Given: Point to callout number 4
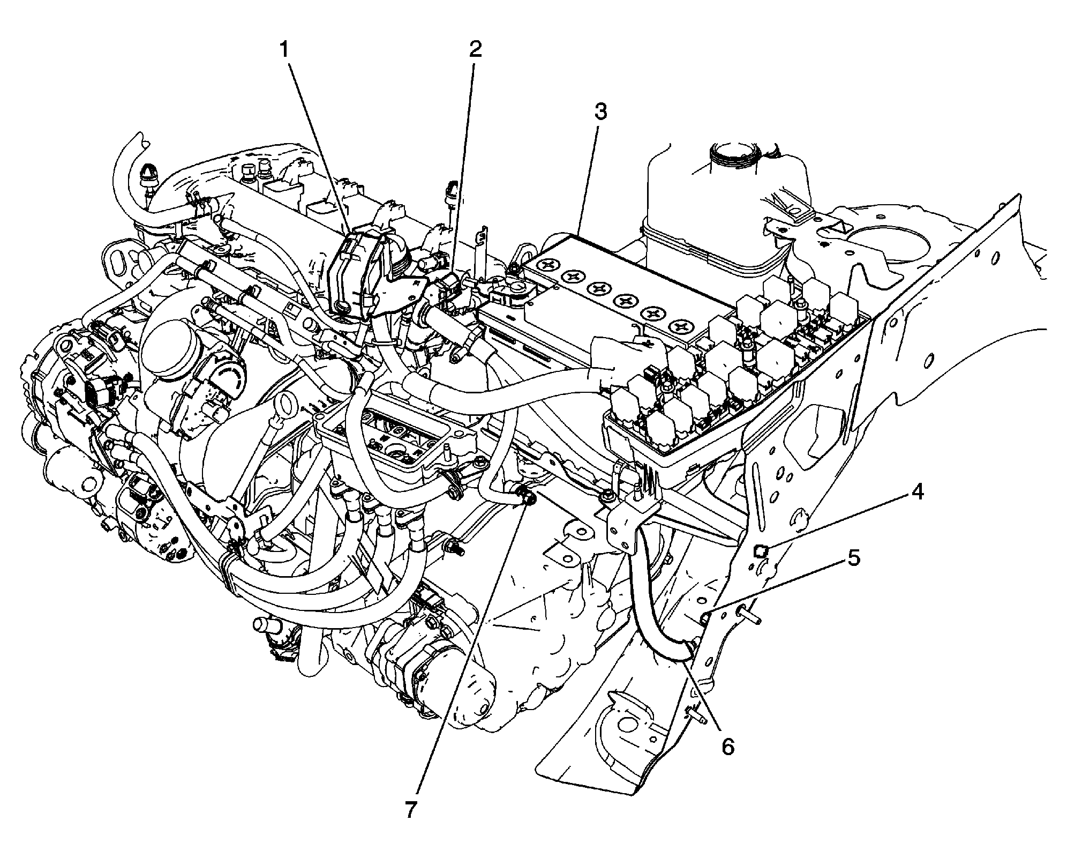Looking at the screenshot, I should (918, 492).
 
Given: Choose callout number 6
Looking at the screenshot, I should (727, 747).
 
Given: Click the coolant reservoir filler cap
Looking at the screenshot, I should (733, 154).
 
